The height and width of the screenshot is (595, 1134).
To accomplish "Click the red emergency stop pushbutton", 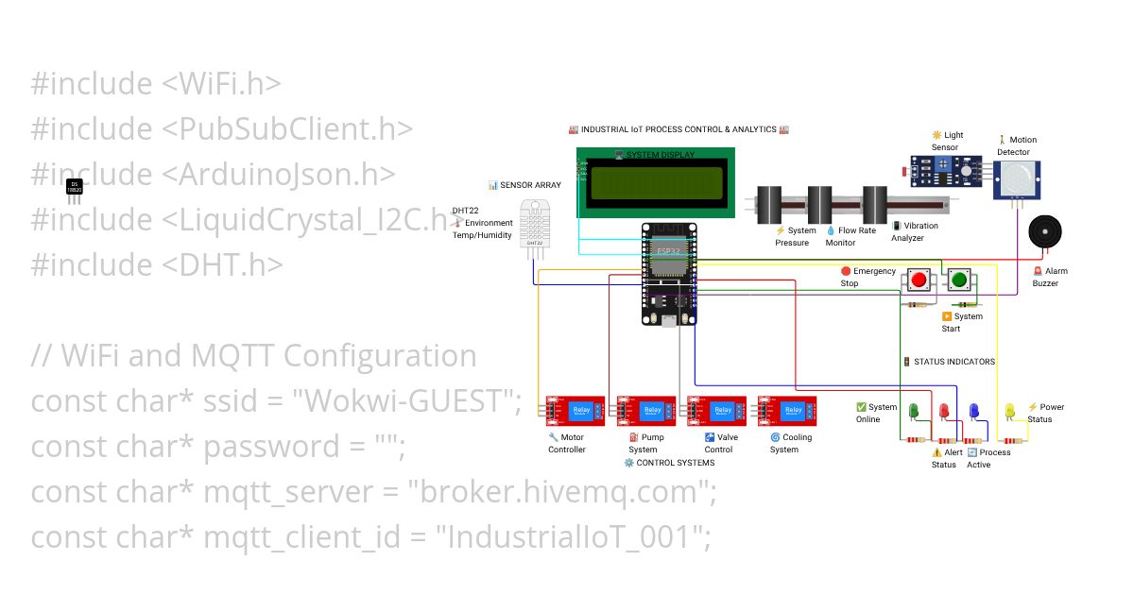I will (x=919, y=280).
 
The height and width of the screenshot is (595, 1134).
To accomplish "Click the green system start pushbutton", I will (x=958, y=280).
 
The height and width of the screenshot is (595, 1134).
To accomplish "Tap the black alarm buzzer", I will (x=1044, y=231).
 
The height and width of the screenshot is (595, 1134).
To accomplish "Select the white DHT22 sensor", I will (x=534, y=229).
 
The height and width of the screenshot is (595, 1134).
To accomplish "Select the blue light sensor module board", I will (x=946, y=171).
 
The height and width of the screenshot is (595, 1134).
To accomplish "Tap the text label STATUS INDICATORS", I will (x=954, y=362).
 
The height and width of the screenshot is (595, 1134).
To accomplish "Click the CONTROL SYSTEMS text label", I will (x=675, y=463).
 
